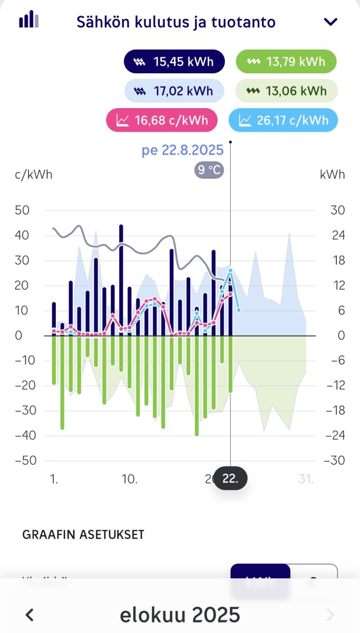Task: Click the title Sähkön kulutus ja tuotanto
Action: (x=176, y=22)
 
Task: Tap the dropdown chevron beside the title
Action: (x=330, y=22)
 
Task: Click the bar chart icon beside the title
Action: (x=29, y=20)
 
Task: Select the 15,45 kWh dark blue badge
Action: (x=174, y=62)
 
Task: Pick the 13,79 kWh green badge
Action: (x=286, y=62)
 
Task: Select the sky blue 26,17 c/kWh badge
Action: (x=283, y=120)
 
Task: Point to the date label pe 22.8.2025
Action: (x=182, y=150)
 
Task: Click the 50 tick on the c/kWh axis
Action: (x=23, y=210)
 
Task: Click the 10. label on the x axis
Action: (x=130, y=479)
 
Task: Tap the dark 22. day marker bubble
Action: (x=230, y=479)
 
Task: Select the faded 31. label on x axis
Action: (x=305, y=479)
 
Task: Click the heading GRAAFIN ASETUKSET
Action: (x=83, y=535)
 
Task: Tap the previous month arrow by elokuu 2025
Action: (x=30, y=615)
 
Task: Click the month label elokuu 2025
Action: (x=180, y=615)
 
